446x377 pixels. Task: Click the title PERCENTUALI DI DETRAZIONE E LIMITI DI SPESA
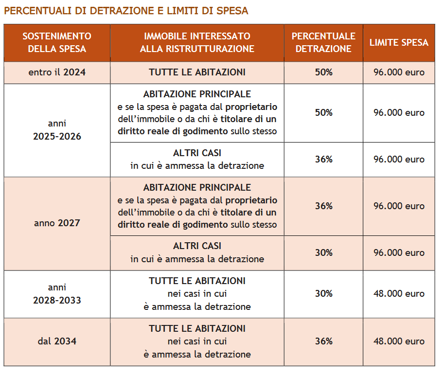click(126, 11)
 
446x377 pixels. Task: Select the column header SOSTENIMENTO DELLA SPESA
click(57, 42)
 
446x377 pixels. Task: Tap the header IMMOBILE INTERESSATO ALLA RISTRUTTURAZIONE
click(197, 42)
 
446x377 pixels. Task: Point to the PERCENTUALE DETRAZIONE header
click(323, 42)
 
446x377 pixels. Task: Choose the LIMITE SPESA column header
click(399, 42)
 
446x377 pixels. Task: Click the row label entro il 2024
click(57, 72)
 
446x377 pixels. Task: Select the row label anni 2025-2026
click(57, 130)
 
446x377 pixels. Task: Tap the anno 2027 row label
click(57, 223)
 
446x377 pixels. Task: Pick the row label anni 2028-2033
click(57, 294)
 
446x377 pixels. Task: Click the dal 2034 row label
click(57, 341)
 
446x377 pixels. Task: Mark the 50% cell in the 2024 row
click(323, 72)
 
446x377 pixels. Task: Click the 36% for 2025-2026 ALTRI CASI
click(323, 159)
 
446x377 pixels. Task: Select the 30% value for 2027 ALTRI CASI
click(323, 252)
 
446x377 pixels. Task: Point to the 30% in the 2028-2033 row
click(323, 293)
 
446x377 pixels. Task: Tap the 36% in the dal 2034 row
click(323, 341)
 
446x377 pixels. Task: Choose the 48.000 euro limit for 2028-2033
click(399, 293)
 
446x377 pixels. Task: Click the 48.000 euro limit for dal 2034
click(399, 341)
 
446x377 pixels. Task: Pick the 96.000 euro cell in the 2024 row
click(399, 72)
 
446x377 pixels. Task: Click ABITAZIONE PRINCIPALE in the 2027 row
click(197, 187)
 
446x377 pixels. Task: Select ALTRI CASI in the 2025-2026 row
click(197, 153)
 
